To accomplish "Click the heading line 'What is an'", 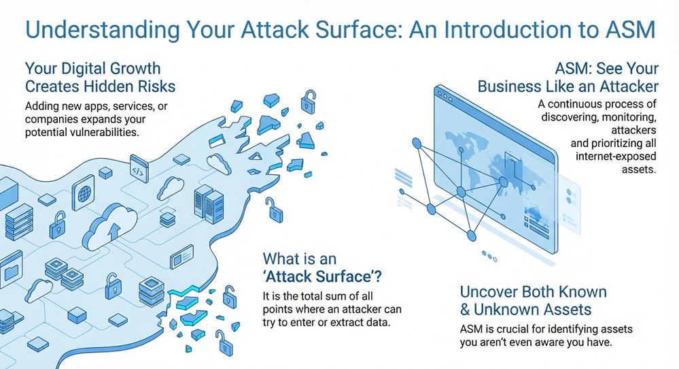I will coord(300,259).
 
